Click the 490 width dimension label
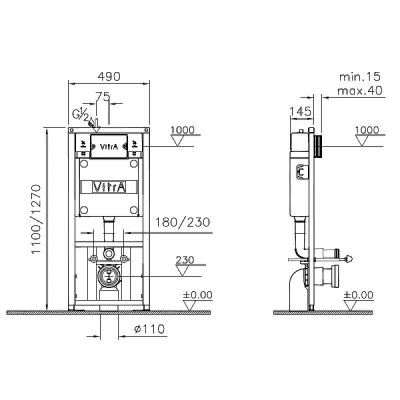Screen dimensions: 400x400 point(109,76)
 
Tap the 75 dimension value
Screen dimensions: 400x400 point(103,96)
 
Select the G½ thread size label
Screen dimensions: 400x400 point(80,114)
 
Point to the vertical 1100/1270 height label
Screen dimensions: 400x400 point(36,219)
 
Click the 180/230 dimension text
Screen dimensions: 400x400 point(182,222)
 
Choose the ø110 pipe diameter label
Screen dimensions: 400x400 point(149,329)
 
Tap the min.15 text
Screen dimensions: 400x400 point(359,76)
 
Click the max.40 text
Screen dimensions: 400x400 point(359,90)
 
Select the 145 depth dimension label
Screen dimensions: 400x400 point(300,111)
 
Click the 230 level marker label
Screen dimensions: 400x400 point(185,260)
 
